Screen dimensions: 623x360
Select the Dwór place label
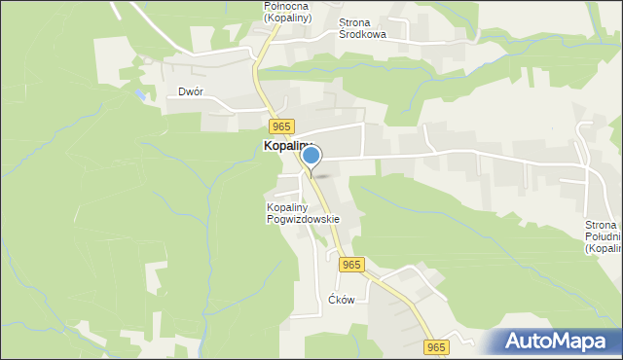pos(190,92)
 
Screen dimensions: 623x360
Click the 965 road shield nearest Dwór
pos(281,127)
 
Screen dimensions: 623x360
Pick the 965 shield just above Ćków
pos(351,265)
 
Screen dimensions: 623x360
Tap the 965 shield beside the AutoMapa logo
pos(435,346)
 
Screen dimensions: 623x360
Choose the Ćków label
pos(341,300)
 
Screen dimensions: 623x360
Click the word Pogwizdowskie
pos(303,219)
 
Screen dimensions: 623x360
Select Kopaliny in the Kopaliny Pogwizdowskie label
pos(288,207)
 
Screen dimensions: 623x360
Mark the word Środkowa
pos(362,34)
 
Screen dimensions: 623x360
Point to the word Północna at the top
pos(287,6)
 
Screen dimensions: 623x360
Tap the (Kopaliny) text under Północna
pos(287,18)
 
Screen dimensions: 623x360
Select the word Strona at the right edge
pos(602,226)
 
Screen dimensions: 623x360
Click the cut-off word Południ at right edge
pos(603,237)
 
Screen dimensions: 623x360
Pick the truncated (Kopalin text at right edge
pos(603,249)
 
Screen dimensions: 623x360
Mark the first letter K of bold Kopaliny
pos(268,146)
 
